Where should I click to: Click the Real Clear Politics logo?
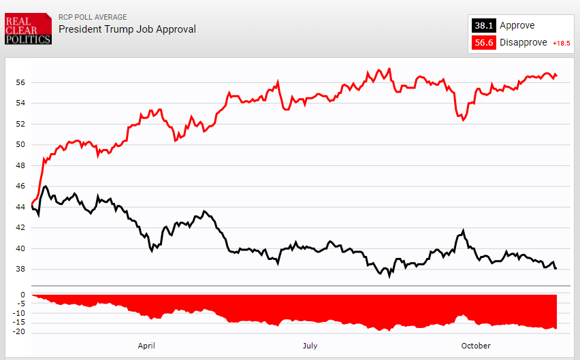28,30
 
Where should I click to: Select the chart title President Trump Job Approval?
127,29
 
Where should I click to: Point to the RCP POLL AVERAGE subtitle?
93,17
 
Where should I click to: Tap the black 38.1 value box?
483,26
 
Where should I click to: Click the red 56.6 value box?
483,43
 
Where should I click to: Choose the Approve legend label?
517,26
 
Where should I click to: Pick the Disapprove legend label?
523,43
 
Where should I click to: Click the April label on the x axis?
146,346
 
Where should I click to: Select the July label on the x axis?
310,346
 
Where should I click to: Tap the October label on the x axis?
476,346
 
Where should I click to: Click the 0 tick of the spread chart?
22,295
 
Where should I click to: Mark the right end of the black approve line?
556,269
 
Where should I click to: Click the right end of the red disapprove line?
556,75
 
